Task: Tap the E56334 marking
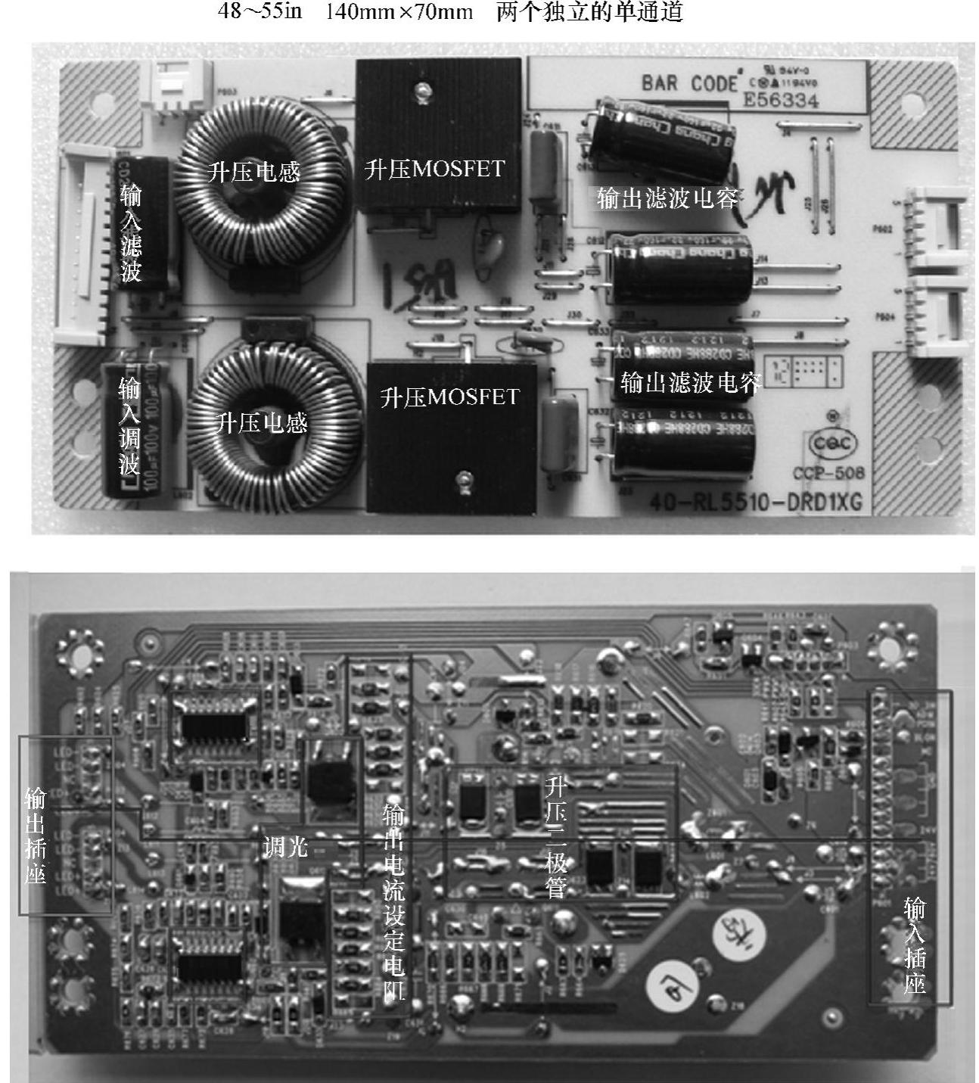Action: pos(781,101)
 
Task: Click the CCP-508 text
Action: pos(828,474)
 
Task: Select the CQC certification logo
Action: pos(833,444)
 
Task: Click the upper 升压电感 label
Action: pos(253,172)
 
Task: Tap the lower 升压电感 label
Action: pos(262,422)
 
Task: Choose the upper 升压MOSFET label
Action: pos(434,169)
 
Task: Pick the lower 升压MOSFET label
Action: pos(449,397)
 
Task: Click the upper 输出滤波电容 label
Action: pos(667,198)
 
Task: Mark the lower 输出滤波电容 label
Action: pos(690,382)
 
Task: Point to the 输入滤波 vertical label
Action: pos(131,232)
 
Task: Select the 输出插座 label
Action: pos(35,835)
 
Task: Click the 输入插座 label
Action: pos(915,945)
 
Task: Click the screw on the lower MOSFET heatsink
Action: pos(464,478)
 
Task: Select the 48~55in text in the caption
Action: pos(260,13)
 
